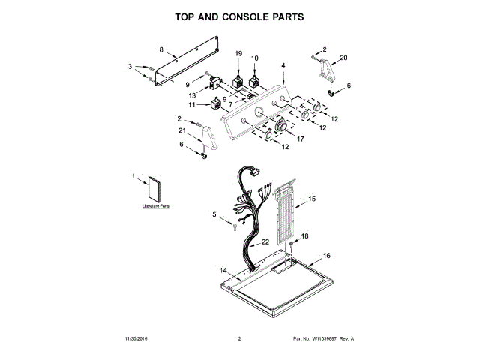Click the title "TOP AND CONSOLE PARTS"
tap(239, 16)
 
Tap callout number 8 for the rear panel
tap(161, 49)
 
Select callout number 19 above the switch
tap(239, 54)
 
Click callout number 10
tap(254, 58)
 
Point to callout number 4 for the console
tap(283, 66)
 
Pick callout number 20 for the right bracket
tap(344, 58)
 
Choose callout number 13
tap(193, 95)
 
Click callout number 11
tap(192, 105)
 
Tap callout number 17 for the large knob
tap(302, 139)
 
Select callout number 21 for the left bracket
tap(181, 130)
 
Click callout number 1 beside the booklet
tap(133, 176)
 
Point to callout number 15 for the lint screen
tap(313, 199)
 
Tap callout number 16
tap(326, 256)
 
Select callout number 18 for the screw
tap(304, 236)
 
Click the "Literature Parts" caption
tap(156, 205)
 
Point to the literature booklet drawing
tap(156, 189)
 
